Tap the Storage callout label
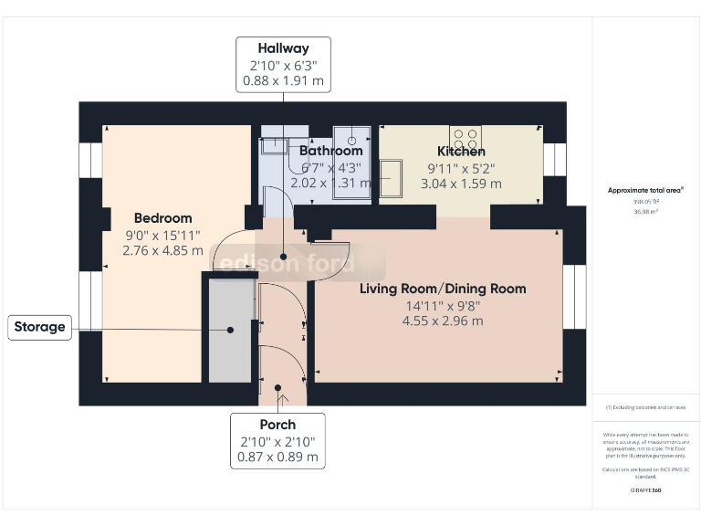[x=39, y=326]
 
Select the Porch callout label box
[x=277, y=440]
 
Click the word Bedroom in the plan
[x=162, y=218]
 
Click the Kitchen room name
[x=461, y=152]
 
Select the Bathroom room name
[x=330, y=151]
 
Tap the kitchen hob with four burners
[x=466, y=137]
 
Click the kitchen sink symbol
[x=391, y=177]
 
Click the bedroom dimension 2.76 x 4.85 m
[x=162, y=250]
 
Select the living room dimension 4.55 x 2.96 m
[x=442, y=321]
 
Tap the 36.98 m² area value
[x=645, y=211]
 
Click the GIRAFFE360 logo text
[x=644, y=491]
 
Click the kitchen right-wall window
[x=554, y=161]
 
